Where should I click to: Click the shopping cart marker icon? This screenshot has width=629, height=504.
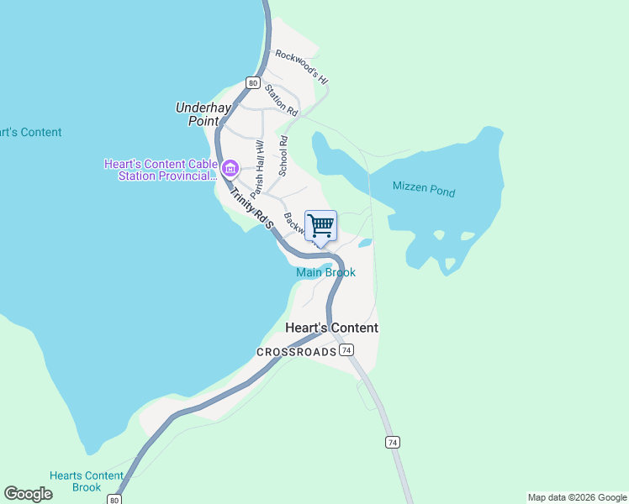[320, 226]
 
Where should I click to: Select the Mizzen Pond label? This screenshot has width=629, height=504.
[424, 190]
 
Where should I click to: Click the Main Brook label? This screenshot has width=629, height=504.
[325, 273]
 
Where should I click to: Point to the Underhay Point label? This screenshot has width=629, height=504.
[203, 114]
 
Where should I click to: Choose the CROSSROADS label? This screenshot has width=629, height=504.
[296, 352]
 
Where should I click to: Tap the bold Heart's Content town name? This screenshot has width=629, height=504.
[331, 328]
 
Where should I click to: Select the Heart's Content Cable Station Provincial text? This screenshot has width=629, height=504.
[159, 170]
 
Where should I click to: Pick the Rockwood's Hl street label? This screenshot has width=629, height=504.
[301, 66]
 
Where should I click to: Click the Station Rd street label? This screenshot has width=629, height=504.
[281, 100]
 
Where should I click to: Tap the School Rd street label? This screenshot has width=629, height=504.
[283, 156]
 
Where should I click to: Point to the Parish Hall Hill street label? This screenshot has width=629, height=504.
[257, 168]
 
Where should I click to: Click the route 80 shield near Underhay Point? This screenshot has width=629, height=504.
[252, 82]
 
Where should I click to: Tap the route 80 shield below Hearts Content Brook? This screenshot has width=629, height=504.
[114, 499]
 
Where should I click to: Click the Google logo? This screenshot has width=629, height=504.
[28, 494]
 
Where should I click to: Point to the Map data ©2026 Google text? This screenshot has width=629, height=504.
[577, 497]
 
